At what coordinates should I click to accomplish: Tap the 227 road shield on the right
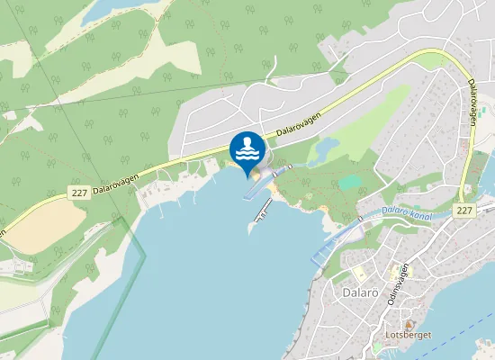click(463, 210)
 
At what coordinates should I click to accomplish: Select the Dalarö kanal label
click(407, 214)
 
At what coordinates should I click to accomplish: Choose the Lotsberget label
click(408, 335)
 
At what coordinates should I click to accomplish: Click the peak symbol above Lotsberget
click(409, 323)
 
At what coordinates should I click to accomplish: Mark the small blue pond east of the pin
click(328, 145)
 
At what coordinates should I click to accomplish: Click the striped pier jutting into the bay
click(264, 210)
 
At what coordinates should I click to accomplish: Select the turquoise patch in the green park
click(348, 182)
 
